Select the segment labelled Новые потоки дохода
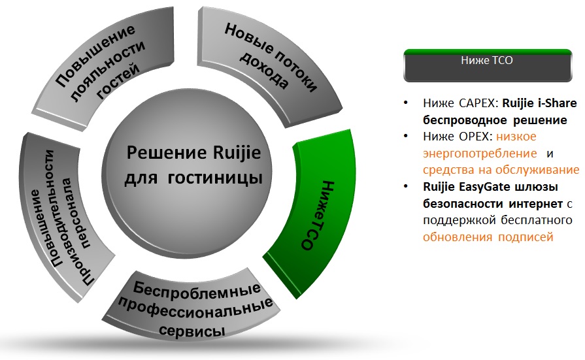coord(269,59)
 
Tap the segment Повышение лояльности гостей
coord(105,63)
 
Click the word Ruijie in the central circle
coord(237,153)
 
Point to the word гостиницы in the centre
coord(215,178)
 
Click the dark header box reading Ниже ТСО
coord(488,65)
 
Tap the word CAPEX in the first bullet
coord(478,103)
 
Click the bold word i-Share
coord(558,103)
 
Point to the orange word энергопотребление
coord(480,154)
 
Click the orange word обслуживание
coord(537,170)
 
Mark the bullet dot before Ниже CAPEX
coord(405,103)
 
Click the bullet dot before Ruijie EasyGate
coord(405,186)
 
